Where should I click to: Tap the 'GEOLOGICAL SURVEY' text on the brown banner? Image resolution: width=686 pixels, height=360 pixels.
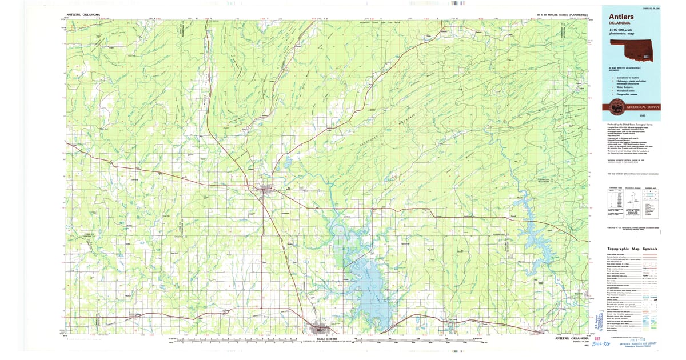(644, 107)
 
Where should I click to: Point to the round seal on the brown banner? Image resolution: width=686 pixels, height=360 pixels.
(617, 106)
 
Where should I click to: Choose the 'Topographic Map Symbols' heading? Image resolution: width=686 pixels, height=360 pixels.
(632, 249)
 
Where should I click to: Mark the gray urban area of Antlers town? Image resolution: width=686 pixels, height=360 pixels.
(267, 189)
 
